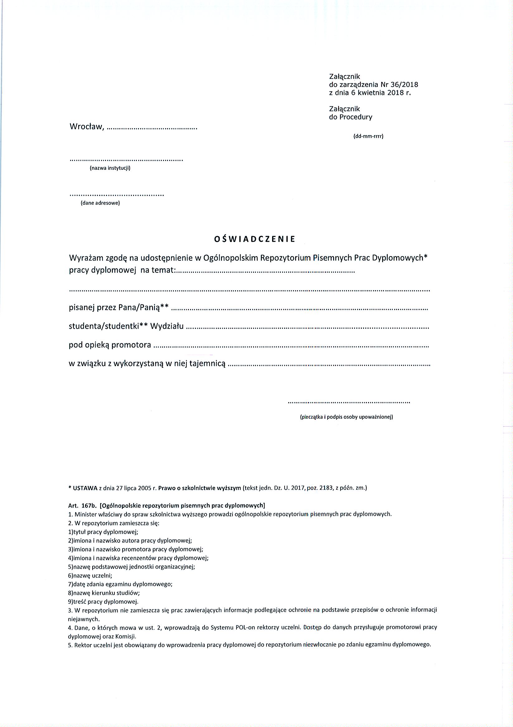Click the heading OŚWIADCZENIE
254,240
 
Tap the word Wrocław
86,127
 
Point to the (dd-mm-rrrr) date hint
368,137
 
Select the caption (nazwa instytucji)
110,168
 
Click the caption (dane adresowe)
100,203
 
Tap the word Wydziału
167,326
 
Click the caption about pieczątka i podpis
346,417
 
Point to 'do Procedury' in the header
351,117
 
